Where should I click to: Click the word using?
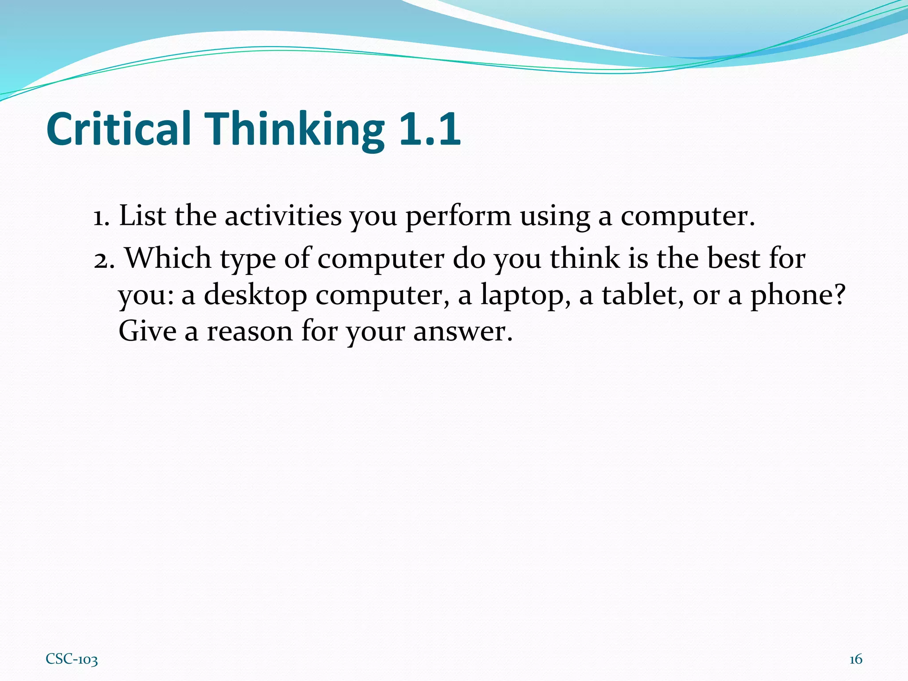554,216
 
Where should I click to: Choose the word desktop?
255,295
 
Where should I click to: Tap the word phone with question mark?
798,296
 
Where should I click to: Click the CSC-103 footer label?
72,659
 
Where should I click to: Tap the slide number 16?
856,659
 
